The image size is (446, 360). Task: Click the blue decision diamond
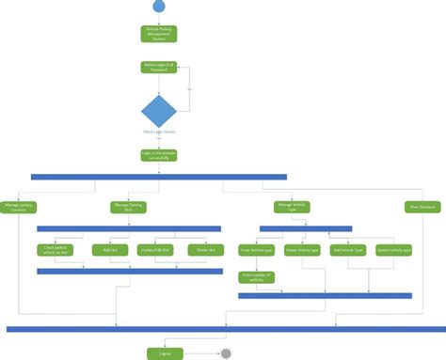point(158,112)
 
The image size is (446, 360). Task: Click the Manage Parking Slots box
point(129,206)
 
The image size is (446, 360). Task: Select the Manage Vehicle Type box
point(292,206)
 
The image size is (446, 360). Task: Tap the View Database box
point(421,206)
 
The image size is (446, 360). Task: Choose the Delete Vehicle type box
point(301,250)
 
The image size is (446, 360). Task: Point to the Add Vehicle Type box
point(348,250)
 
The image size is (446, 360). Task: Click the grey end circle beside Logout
point(225,353)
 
